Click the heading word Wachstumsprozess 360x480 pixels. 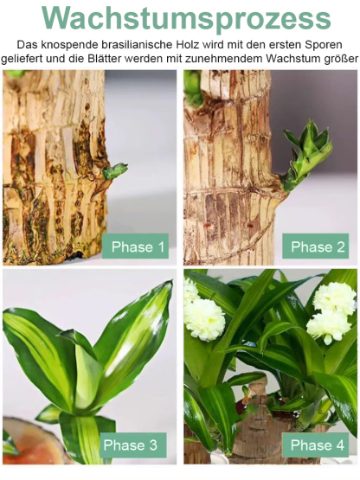186,19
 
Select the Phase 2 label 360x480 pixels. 316,246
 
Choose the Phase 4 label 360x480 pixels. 316,445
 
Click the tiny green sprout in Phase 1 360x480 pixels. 114,170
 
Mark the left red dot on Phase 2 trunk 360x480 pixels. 208,226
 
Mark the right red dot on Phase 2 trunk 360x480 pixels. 250,227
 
